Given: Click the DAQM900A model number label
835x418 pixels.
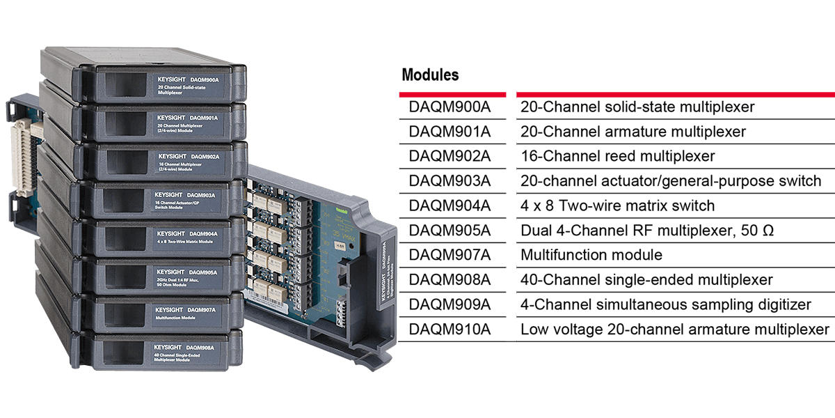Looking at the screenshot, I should [x=204, y=80].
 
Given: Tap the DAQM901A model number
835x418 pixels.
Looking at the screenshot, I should [x=205, y=118].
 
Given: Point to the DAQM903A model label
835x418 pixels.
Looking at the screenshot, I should [x=201, y=194].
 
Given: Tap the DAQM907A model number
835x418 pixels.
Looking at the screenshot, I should [x=201, y=309].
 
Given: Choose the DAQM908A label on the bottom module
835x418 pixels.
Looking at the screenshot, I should [x=200, y=347].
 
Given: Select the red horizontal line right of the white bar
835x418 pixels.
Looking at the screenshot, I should [x=675, y=94].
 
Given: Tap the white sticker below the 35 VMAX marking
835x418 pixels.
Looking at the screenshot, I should [x=341, y=245].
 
